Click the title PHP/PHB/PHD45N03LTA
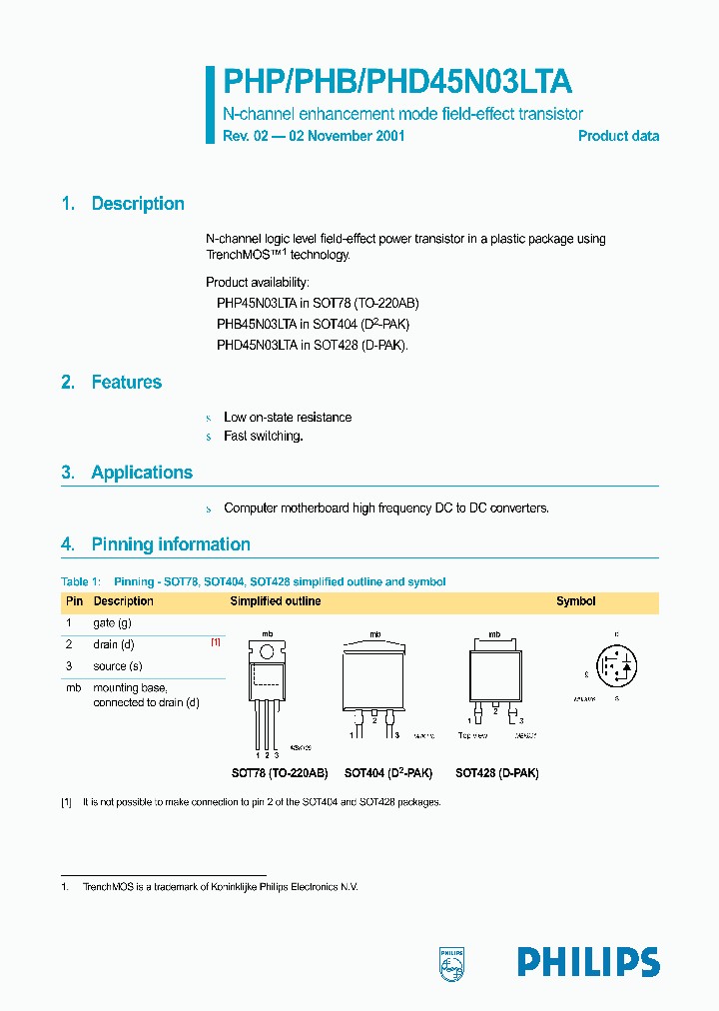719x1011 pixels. (396, 82)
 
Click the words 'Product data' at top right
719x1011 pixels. (618, 136)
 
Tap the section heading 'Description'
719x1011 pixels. (138, 204)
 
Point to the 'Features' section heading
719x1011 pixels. (126, 382)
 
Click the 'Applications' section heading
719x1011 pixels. (142, 473)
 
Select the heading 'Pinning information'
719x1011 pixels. (171, 544)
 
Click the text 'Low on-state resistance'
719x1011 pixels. (288, 417)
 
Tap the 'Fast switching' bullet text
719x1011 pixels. (263, 436)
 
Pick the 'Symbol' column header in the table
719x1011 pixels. (575, 601)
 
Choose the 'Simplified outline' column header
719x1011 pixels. (276, 601)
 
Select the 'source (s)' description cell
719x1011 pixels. (118, 665)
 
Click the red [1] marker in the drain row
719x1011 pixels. (215, 643)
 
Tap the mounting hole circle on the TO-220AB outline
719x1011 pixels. (268, 651)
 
